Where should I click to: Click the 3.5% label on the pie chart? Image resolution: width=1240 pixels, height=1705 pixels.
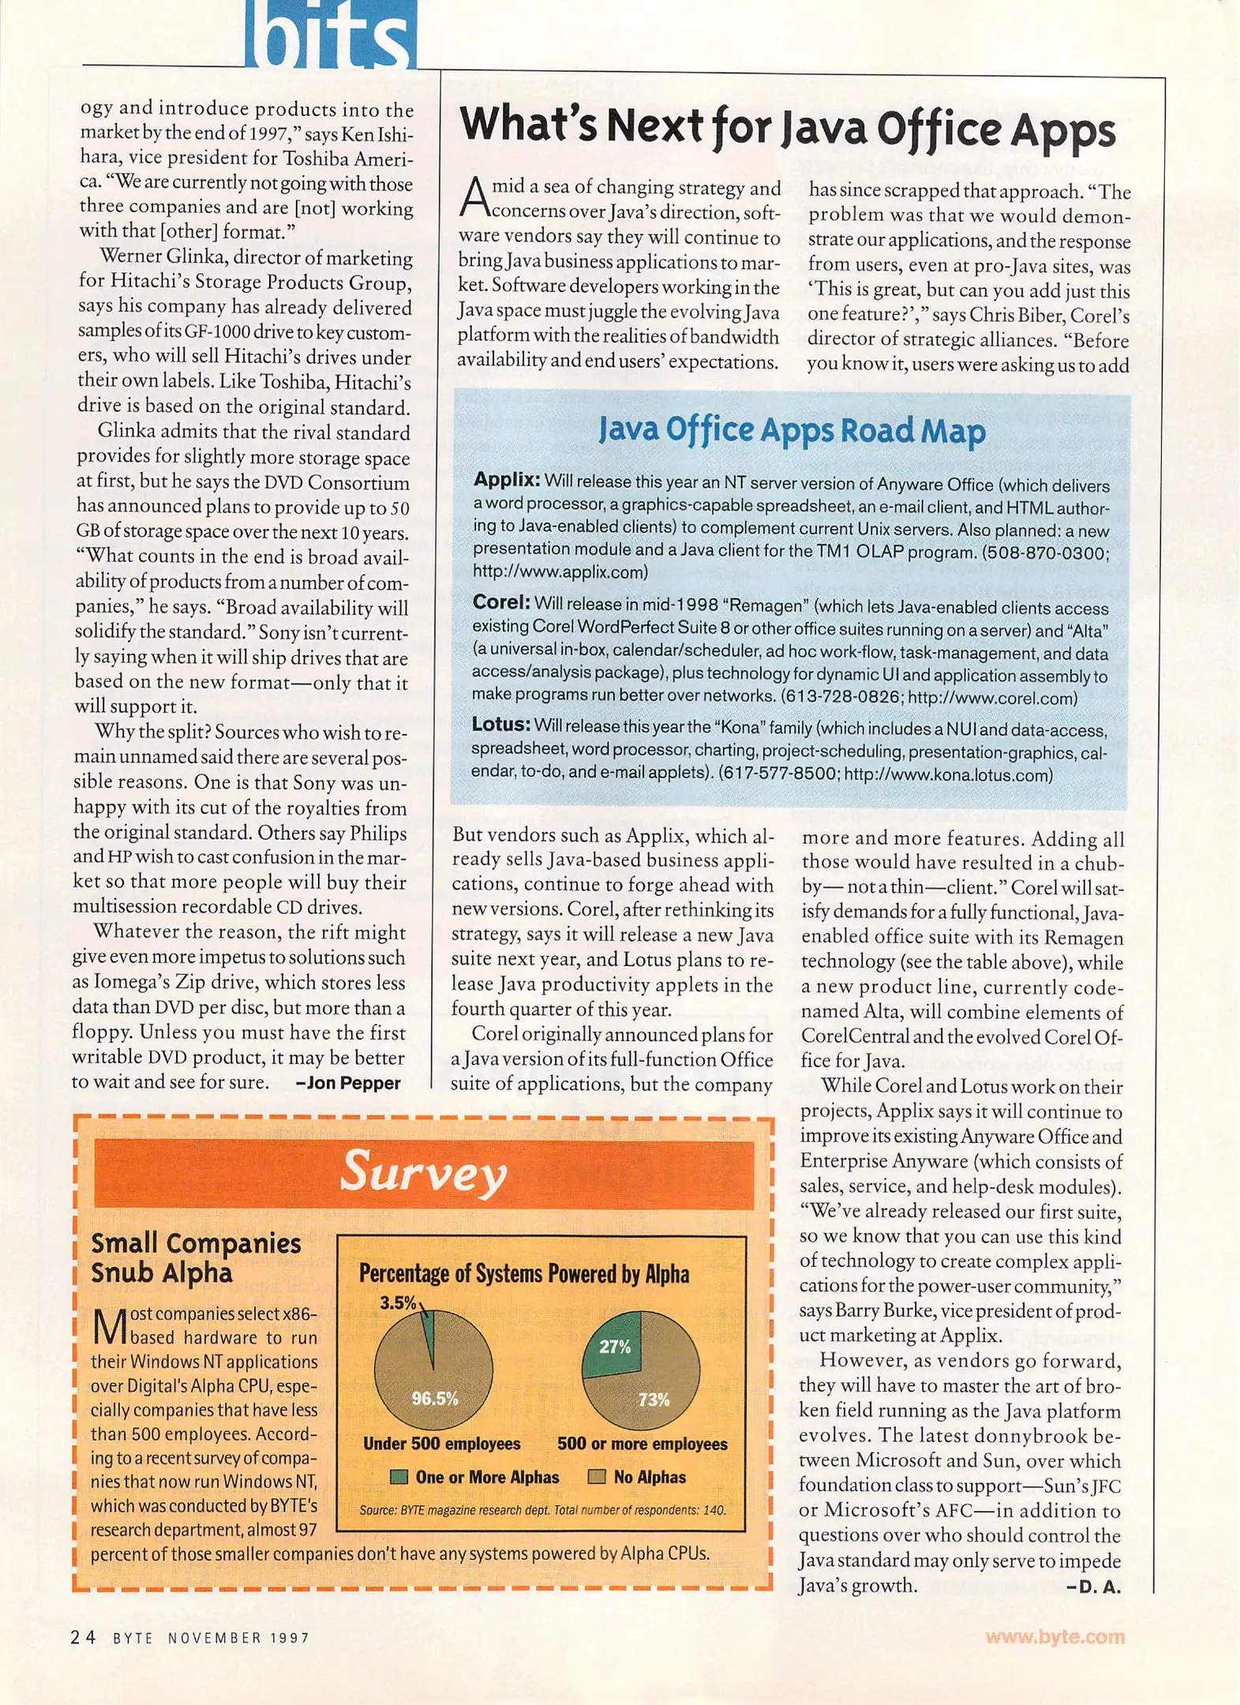pyautogui.click(x=398, y=1302)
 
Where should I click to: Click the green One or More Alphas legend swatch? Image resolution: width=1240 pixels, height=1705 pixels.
pyautogui.click(x=399, y=1477)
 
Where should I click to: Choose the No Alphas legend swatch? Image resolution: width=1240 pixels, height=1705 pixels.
pyautogui.click(x=598, y=1477)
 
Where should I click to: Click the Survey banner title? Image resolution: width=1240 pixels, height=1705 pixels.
pyautogui.click(x=423, y=1174)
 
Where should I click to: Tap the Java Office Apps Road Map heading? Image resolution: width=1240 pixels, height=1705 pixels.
pyautogui.click(x=792, y=431)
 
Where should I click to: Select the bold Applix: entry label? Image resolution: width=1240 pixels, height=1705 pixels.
pyautogui.click(x=506, y=480)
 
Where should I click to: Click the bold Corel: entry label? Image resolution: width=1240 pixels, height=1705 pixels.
pyautogui.click(x=500, y=602)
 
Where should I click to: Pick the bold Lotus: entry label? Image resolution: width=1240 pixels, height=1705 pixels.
pyautogui.click(x=500, y=725)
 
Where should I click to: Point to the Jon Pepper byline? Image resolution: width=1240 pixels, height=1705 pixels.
pyautogui.click(x=348, y=1083)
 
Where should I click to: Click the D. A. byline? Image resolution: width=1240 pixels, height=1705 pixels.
pyautogui.click(x=1093, y=1587)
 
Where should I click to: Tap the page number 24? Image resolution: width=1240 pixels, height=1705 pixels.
pyautogui.click(x=83, y=1637)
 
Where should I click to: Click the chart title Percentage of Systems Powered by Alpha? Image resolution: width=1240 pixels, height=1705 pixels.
pyautogui.click(x=524, y=1274)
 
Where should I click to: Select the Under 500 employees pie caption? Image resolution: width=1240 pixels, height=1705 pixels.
pyautogui.click(x=441, y=1444)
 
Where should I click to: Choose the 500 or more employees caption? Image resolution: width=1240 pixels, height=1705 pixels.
pyautogui.click(x=642, y=1444)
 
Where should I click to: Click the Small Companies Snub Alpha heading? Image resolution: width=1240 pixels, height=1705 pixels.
pyautogui.click(x=196, y=1257)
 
